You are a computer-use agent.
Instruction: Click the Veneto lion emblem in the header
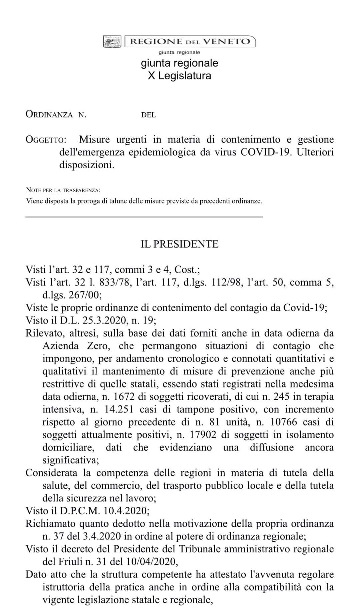pos(112,42)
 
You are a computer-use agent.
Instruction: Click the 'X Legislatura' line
pos(179,76)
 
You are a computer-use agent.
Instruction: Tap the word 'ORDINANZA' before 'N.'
pos(49,115)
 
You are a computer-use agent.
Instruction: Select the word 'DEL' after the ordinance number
pos(148,115)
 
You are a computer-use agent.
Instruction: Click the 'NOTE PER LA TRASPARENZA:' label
pos(63,190)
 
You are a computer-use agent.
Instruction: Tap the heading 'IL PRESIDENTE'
pos(179,244)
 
